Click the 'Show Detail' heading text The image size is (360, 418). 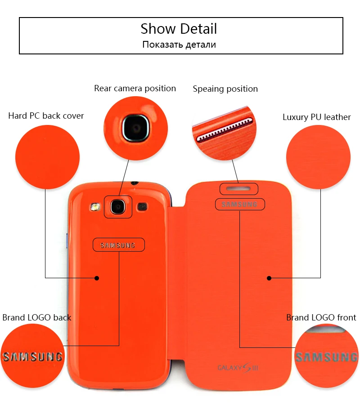click(179, 29)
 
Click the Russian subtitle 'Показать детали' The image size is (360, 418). click(179, 44)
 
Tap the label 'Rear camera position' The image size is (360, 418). click(135, 88)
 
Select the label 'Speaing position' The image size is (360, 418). click(225, 89)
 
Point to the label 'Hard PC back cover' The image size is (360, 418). click(46, 116)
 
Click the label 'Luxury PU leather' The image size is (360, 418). click(316, 117)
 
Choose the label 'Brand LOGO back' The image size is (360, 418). click(37, 317)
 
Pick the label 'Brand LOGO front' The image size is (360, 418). click(321, 317)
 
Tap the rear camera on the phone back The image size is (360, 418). click(118, 207)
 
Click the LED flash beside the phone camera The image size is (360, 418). click(94, 207)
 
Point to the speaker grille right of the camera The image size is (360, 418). click(142, 207)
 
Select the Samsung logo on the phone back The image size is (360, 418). click(118, 245)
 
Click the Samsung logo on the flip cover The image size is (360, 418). click(240, 204)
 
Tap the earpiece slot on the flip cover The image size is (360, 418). click(238, 188)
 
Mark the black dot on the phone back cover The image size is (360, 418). click(97, 278)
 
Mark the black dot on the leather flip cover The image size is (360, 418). click(269, 278)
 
